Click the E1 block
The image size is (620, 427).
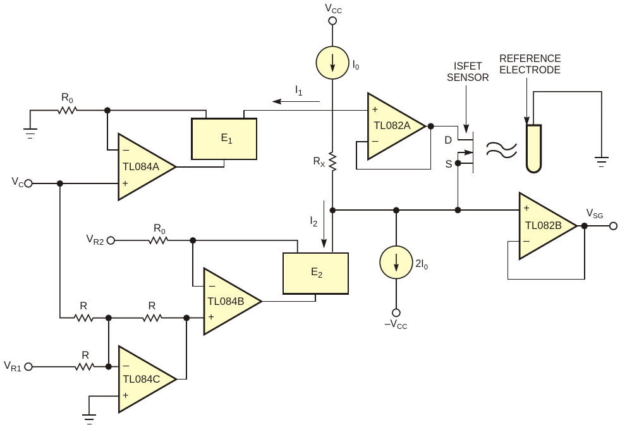[224, 139]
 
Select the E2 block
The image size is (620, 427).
[315, 273]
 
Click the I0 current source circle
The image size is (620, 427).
[332, 63]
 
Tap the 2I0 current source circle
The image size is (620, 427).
[396, 263]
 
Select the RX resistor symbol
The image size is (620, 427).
[332, 162]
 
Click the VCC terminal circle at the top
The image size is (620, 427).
[333, 21]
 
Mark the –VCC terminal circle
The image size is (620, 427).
[396, 313]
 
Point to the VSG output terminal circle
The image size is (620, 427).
[613, 226]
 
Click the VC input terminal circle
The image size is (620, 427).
[28, 183]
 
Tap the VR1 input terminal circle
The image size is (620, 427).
[28, 368]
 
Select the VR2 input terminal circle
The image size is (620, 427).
[111, 240]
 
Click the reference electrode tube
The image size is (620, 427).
[534, 149]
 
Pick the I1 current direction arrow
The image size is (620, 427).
[296, 102]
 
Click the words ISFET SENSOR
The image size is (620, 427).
[468, 71]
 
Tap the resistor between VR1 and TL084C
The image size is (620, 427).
[84, 368]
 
